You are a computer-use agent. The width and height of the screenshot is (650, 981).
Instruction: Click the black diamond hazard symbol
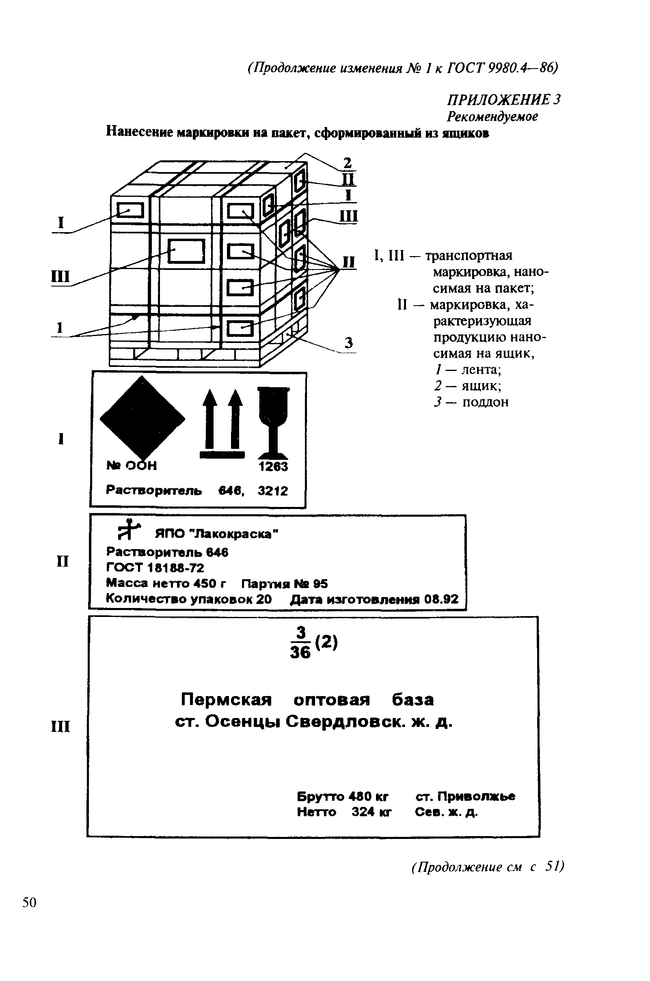coord(143,419)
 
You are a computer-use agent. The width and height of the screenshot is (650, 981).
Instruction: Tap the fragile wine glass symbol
coord(273,419)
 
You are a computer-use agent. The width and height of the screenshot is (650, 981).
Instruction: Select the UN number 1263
coord(273,467)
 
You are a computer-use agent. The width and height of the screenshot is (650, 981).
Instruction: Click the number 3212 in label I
coord(273,491)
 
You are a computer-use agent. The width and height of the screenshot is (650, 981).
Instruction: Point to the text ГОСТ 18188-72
coord(155,568)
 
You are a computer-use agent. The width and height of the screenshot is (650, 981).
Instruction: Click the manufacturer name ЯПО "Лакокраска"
coord(217,534)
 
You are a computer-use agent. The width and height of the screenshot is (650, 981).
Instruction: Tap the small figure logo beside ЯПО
coord(129,530)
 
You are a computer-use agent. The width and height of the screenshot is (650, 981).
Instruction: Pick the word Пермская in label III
coord(226,700)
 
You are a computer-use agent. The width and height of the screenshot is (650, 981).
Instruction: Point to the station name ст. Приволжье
coord(465,797)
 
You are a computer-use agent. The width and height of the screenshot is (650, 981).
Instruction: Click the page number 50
coord(29,903)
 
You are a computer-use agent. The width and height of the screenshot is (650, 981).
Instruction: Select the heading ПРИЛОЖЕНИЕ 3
coord(504,99)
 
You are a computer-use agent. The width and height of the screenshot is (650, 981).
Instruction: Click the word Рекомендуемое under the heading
coord(492,117)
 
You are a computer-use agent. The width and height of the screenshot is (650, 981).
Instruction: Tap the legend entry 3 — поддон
coord(471,402)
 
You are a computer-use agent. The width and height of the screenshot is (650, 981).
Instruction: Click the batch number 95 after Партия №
coord(320,584)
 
